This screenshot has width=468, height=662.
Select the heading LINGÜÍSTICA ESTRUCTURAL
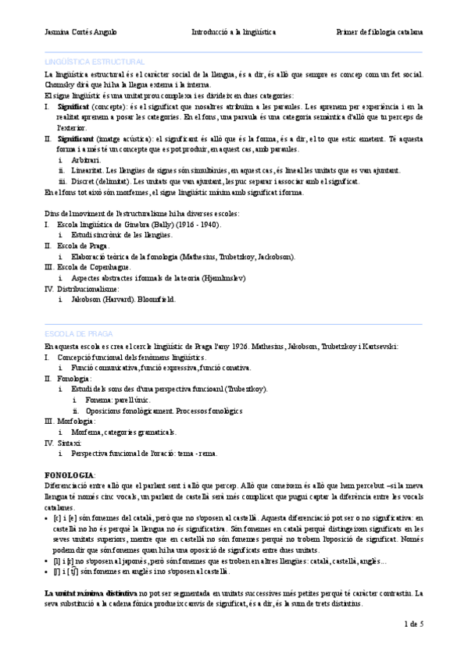tap(95, 61)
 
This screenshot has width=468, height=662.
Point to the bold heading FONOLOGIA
tap(70, 475)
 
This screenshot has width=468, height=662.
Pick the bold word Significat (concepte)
tap(73, 105)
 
